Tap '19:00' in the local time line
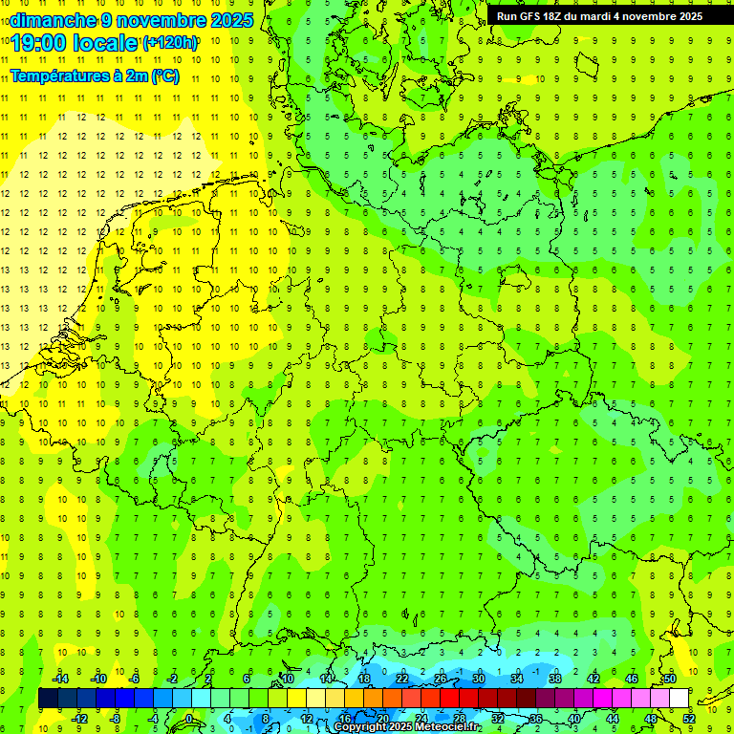click(x=39, y=42)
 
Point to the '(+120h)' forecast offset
click(x=170, y=42)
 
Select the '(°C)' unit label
click(x=164, y=76)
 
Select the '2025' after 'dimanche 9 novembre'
click(x=230, y=20)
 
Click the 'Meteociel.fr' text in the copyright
click(x=446, y=727)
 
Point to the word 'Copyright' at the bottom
click(x=359, y=727)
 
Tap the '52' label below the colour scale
click(x=689, y=719)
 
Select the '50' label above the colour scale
click(x=670, y=679)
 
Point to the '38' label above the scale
click(x=555, y=679)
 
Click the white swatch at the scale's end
click(x=679, y=699)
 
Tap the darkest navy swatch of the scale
click(x=48, y=699)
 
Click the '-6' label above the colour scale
click(x=135, y=679)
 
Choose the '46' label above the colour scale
click(x=632, y=679)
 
